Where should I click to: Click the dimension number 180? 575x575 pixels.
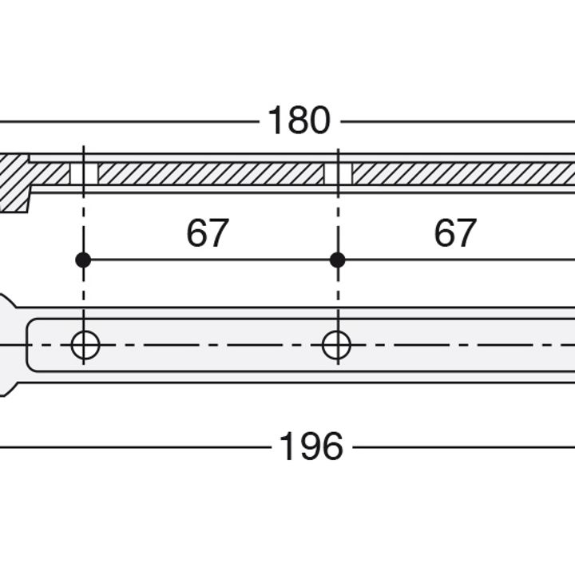click(298, 121)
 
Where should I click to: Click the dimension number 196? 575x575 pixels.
click(311, 447)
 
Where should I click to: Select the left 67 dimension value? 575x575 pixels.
click(208, 233)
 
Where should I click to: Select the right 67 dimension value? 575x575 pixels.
click(455, 233)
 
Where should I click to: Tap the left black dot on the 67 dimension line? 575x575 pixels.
click(82, 260)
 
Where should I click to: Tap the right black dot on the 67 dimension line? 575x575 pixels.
click(337, 260)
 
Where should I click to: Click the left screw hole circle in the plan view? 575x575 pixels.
click(85, 346)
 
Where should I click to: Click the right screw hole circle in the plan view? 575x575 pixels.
click(336, 346)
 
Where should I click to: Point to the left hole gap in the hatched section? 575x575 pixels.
click(84, 173)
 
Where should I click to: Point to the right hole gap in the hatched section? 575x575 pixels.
click(337, 173)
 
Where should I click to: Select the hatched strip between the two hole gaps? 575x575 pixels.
click(211, 173)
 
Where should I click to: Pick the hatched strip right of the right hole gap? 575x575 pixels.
click(463, 173)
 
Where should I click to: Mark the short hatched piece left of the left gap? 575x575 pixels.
click(50, 173)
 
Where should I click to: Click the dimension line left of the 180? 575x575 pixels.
click(128, 122)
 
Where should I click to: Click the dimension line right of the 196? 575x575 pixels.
click(463, 447)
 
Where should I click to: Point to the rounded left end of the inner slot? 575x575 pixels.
click(30, 346)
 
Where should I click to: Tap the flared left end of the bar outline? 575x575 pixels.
click(6, 345)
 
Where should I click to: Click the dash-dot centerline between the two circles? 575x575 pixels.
click(211, 346)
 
